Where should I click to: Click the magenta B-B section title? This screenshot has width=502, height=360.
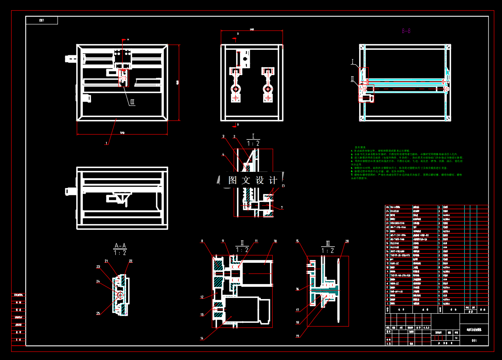click(x=406, y=31)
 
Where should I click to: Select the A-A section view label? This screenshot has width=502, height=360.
click(x=120, y=246)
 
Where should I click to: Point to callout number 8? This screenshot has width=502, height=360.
click(x=202, y=241)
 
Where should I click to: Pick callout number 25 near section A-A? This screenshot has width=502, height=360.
click(x=98, y=313)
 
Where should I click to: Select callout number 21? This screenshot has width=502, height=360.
click(x=107, y=261)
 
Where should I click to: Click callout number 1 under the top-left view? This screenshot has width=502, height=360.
click(x=106, y=143)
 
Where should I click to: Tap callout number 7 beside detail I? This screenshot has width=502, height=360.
click(x=282, y=208)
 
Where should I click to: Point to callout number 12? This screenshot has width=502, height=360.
click(x=202, y=297)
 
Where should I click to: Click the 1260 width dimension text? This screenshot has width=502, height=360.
click(x=122, y=132)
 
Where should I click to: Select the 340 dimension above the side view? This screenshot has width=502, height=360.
click(x=252, y=30)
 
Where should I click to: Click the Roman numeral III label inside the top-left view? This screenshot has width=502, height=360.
click(x=132, y=102)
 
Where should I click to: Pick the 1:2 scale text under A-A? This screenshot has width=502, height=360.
click(x=120, y=253)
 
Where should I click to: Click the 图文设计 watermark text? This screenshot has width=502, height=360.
click(x=253, y=180)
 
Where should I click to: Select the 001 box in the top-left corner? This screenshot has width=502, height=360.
click(x=42, y=21)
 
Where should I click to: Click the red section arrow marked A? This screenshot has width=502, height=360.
click(x=125, y=40)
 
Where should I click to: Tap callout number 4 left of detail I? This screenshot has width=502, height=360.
click(x=223, y=154)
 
